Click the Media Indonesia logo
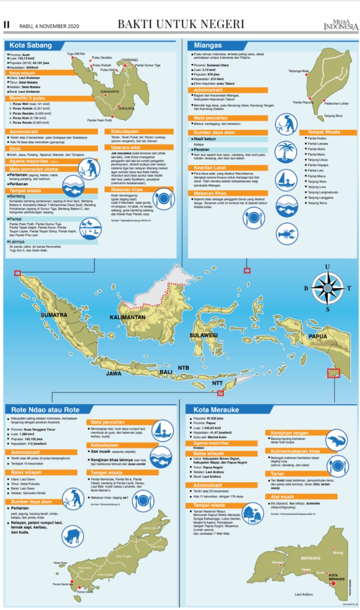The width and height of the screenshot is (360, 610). [340, 24]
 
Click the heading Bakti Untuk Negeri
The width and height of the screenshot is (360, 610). [181, 24]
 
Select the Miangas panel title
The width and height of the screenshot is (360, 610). [208, 46]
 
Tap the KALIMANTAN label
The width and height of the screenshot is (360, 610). [127, 317]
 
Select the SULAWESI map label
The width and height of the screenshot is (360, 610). [203, 335]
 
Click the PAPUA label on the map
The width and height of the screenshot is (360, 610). [318, 336]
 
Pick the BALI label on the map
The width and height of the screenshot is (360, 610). [166, 372]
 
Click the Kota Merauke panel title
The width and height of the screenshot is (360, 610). [216, 410]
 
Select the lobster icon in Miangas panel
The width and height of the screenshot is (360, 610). [287, 234]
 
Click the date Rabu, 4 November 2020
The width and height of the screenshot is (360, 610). [49, 26]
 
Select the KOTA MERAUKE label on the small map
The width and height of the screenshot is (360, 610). [337, 577]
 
